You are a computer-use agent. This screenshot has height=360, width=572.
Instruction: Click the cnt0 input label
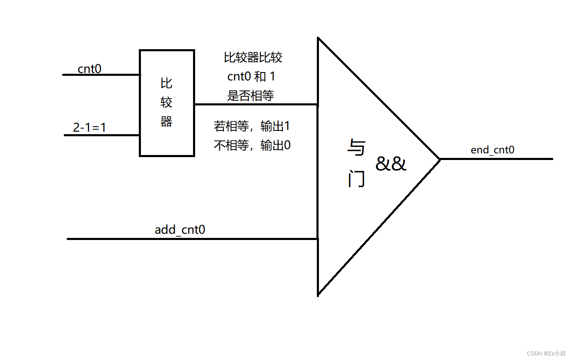[x=89, y=68]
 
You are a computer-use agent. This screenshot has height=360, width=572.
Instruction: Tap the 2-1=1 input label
[x=89, y=127]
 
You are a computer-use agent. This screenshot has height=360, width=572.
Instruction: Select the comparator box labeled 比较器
[x=167, y=103]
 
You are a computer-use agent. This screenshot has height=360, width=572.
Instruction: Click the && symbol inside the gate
[x=391, y=164]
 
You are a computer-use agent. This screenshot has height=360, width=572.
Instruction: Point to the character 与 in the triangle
[x=356, y=148]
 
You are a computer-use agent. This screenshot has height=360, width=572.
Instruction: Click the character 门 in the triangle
[x=356, y=180]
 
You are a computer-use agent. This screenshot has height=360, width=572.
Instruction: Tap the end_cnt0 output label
[x=492, y=150]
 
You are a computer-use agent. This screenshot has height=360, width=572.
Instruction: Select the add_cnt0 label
[x=180, y=230]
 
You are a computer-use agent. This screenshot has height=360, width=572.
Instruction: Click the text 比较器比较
[x=253, y=57]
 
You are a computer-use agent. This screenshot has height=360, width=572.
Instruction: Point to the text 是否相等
[x=250, y=95]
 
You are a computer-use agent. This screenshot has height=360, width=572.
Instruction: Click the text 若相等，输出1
[x=251, y=126]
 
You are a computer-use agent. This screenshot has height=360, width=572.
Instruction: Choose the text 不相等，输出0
[x=252, y=145]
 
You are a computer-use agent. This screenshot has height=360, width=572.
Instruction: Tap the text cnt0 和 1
[x=251, y=77]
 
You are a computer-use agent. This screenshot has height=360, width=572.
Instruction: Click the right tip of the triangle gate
[x=439, y=159]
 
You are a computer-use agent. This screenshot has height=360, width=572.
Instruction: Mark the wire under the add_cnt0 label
[x=192, y=239]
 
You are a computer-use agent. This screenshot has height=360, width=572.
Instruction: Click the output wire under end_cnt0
[x=496, y=159]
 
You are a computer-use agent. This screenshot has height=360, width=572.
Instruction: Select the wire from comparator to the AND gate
[x=256, y=104]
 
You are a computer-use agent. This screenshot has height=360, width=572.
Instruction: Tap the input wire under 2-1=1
[x=102, y=135]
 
